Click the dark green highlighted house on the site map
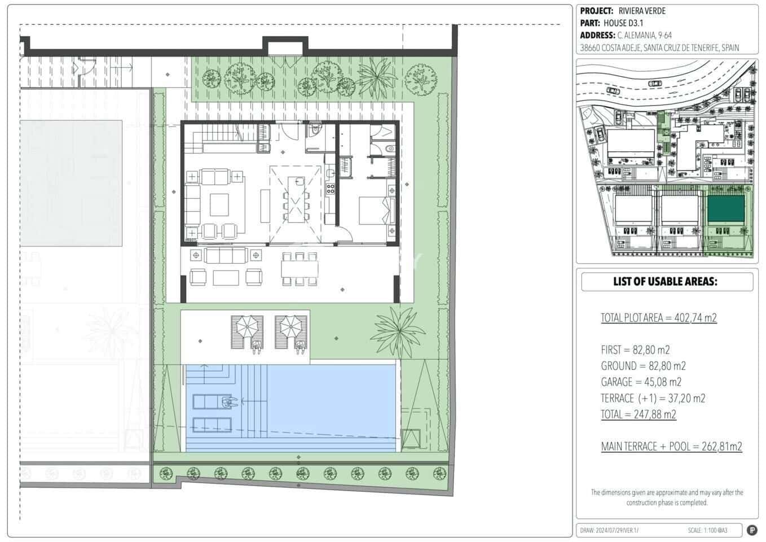point(725,208)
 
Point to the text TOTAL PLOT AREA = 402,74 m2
point(658,318)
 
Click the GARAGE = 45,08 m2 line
point(641,382)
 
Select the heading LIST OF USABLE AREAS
point(665,282)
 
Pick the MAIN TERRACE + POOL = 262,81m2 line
point(671,447)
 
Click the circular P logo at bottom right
point(752,530)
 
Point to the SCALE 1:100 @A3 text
point(707,531)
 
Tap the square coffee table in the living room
point(219,204)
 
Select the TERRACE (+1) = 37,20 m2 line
point(653,399)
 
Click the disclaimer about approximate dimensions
point(667,497)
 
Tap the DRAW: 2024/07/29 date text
point(609,531)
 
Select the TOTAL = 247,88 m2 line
point(638,414)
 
